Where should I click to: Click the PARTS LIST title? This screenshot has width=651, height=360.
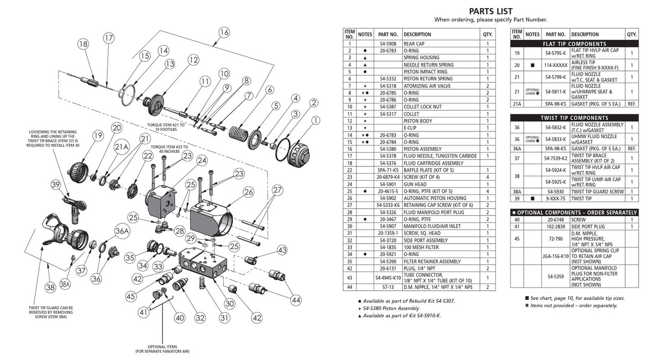coord(490,11)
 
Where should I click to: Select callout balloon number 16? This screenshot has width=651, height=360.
coord(224,32)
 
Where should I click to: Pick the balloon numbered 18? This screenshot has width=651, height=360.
coord(83,45)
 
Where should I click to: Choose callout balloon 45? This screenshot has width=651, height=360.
coord(131,296)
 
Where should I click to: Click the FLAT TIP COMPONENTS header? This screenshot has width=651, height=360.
coord(574,43)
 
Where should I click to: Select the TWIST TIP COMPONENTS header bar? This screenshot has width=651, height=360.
coord(574,117)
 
